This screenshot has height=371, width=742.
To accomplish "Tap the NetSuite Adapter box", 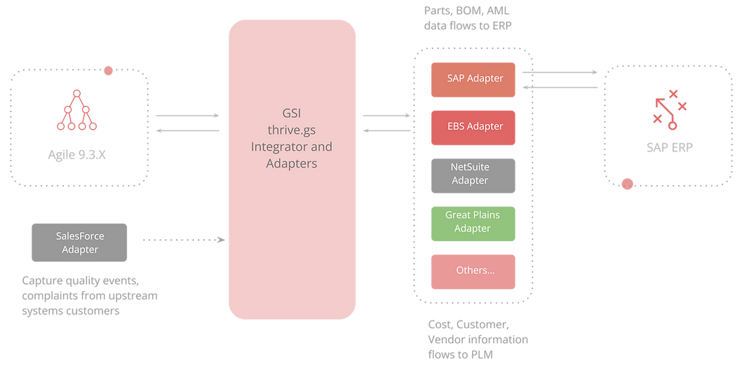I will click(473, 173).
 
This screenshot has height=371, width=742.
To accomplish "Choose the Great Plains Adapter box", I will click(473, 222).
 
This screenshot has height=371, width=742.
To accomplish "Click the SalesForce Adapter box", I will click(79, 243).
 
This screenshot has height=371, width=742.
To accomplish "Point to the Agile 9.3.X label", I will click(78, 155).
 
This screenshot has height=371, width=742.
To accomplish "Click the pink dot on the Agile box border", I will click(108, 70).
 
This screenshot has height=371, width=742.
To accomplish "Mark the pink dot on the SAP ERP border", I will click(628, 184).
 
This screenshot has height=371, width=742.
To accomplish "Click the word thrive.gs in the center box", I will click(291, 130).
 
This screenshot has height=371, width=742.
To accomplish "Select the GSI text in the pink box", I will click(291, 114).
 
